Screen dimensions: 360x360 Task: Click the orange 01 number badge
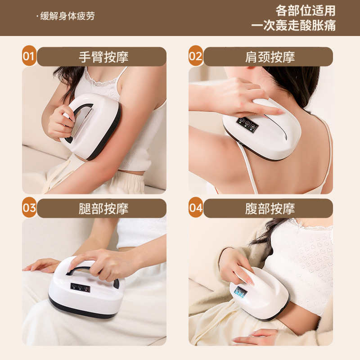[x=29, y=57]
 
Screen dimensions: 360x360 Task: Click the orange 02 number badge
[x=195, y=57]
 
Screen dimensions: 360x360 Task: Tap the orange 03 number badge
[x=29, y=208]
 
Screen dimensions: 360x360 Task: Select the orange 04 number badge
[x=195, y=208]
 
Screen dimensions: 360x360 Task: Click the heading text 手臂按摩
[x=103, y=57]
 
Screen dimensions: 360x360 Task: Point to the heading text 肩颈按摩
[x=270, y=57]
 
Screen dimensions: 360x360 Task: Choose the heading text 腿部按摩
[x=103, y=208]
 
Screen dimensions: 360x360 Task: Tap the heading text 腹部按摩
[x=270, y=208]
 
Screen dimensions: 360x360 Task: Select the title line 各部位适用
[x=306, y=10]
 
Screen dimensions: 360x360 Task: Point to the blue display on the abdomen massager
[x=240, y=293]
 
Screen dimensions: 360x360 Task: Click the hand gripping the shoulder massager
[x=238, y=97]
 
